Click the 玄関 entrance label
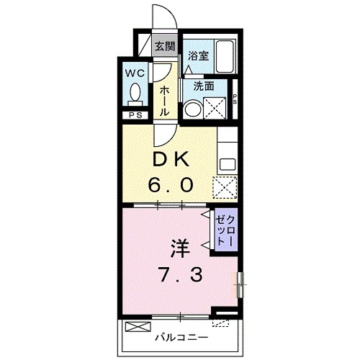165,46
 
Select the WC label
135,73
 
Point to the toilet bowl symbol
135,94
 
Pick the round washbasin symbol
193,110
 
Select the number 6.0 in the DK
171,186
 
